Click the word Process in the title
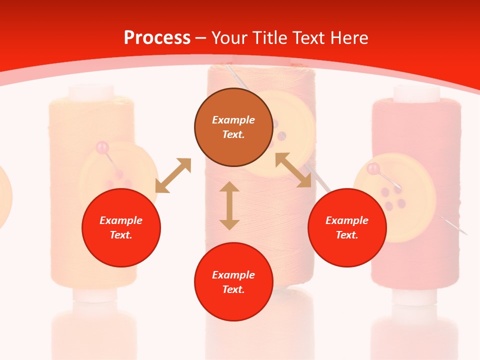tap(157, 38)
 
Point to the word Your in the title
tap(230, 38)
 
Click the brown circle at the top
tap(233, 127)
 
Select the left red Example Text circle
tap(121, 227)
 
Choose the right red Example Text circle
tap(347, 227)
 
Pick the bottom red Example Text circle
tap(233, 281)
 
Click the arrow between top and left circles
tap(173, 175)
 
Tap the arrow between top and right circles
tap(293, 170)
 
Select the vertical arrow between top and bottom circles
tap(229, 205)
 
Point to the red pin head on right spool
tap(372, 168)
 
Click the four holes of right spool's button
tap(393, 197)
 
